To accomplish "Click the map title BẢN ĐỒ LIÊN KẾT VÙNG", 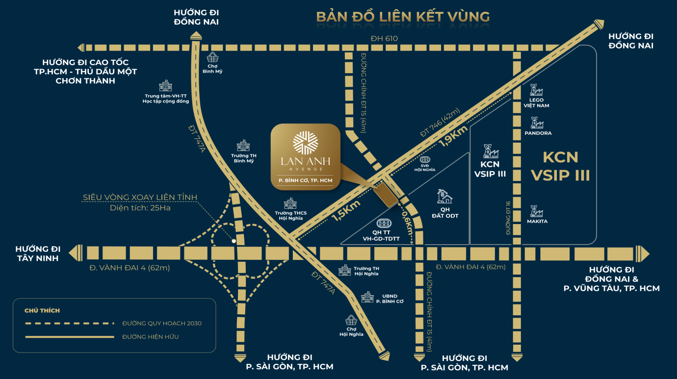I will pyautogui.click(x=403, y=16).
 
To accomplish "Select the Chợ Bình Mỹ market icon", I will pyautogui.click(x=212, y=57).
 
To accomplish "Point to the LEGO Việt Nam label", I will pyautogui.click(x=536, y=102).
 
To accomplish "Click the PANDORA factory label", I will pyautogui.click(x=538, y=133).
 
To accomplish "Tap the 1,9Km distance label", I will pyautogui.click(x=454, y=139).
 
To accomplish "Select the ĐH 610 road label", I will pyautogui.click(x=385, y=39).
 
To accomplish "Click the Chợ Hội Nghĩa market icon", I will pyautogui.click(x=351, y=320).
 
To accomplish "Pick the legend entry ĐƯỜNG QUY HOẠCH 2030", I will pyautogui.click(x=161, y=323).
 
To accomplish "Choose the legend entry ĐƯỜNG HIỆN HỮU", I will pyautogui.click(x=150, y=337).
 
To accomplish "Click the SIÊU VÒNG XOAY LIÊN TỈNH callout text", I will pyautogui.click(x=140, y=197).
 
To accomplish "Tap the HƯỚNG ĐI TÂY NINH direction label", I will pyautogui.click(x=37, y=253).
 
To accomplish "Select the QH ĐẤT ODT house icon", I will pyautogui.click(x=444, y=197).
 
